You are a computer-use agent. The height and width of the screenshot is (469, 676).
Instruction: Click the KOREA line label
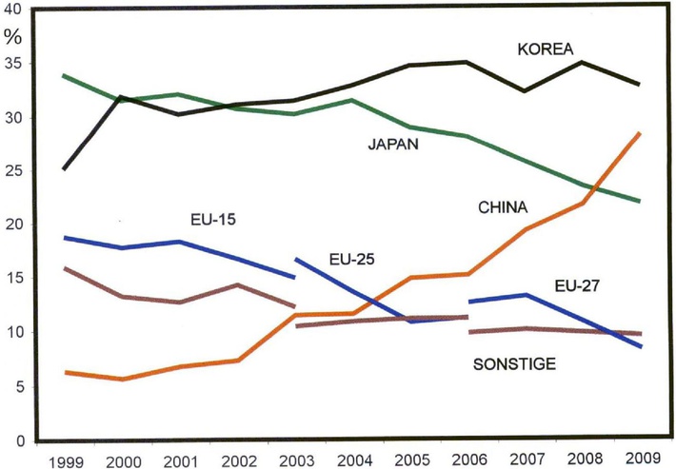click(545, 49)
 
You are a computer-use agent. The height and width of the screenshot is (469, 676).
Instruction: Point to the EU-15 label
click(208, 220)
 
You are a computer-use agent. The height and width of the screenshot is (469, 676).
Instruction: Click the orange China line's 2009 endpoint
click(640, 133)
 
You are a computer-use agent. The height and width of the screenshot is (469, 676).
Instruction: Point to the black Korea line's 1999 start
click(62, 169)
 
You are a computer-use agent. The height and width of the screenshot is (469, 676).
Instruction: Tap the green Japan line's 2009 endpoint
click(640, 202)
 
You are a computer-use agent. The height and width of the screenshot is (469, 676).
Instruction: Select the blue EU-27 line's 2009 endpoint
click(640, 346)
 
